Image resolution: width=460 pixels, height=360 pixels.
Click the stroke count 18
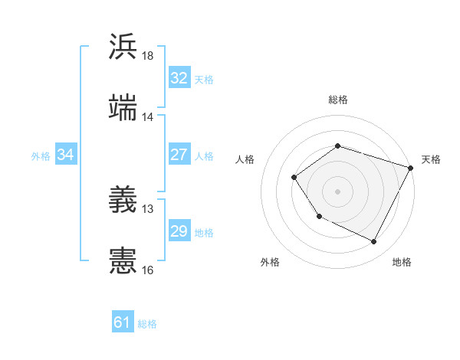tap(148, 56)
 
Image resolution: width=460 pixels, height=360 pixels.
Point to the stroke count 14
tap(148, 117)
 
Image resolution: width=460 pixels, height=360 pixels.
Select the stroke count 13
tap(148, 208)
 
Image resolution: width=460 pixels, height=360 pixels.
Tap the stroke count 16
tap(148, 270)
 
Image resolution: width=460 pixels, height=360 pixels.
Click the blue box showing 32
tap(179, 78)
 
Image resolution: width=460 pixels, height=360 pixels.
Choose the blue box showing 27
tap(179, 155)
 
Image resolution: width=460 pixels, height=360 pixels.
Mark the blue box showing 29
tap(179, 231)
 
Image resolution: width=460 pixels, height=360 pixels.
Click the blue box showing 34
tap(66, 155)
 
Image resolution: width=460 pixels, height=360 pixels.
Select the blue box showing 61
tap(123, 322)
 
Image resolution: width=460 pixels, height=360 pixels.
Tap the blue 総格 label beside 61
tap(147, 324)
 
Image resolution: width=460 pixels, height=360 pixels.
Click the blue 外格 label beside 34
tap(41, 156)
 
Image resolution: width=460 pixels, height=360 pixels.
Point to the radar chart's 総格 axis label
tap(337, 100)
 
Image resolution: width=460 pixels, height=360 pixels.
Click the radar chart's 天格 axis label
tap(431, 159)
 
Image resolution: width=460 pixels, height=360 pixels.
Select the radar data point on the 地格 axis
tap(374, 242)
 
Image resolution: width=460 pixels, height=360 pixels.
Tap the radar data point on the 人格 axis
tap(294, 178)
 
